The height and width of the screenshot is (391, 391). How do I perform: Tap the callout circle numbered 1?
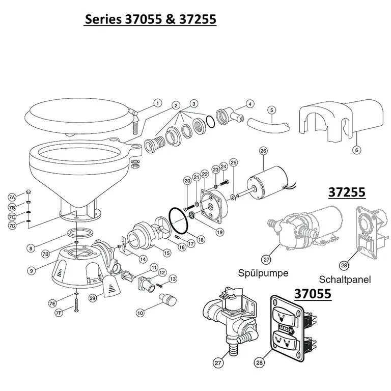(x=157, y=103)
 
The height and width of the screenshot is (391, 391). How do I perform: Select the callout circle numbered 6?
(x=356, y=150)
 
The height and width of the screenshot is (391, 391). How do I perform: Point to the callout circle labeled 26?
(x=263, y=151)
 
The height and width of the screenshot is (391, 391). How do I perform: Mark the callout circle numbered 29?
(x=93, y=298)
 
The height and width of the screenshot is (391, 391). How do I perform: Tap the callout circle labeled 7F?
(x=59, y=312)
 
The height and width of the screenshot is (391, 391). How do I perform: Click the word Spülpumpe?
(x=263, y=273)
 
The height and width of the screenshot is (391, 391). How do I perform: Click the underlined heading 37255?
(x=347, y=193)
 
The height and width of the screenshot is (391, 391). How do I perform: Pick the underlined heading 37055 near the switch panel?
(x=312, y=294)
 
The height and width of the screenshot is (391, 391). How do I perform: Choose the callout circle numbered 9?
(x=32, y=271)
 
